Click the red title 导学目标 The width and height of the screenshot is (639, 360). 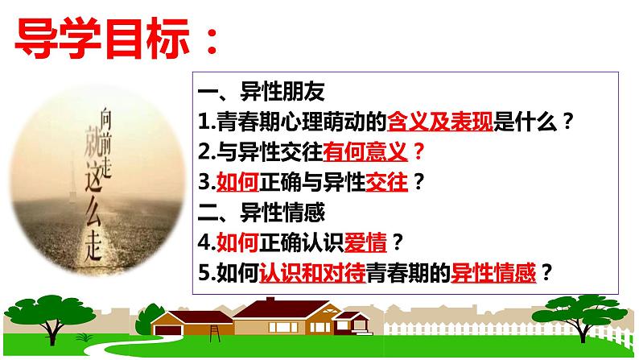click(x=105, y=37)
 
